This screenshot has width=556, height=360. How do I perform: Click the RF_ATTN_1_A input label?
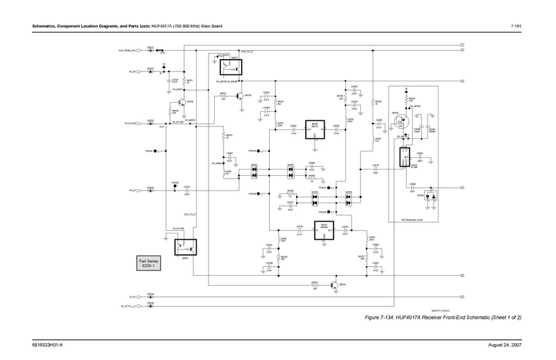point(129,305)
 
